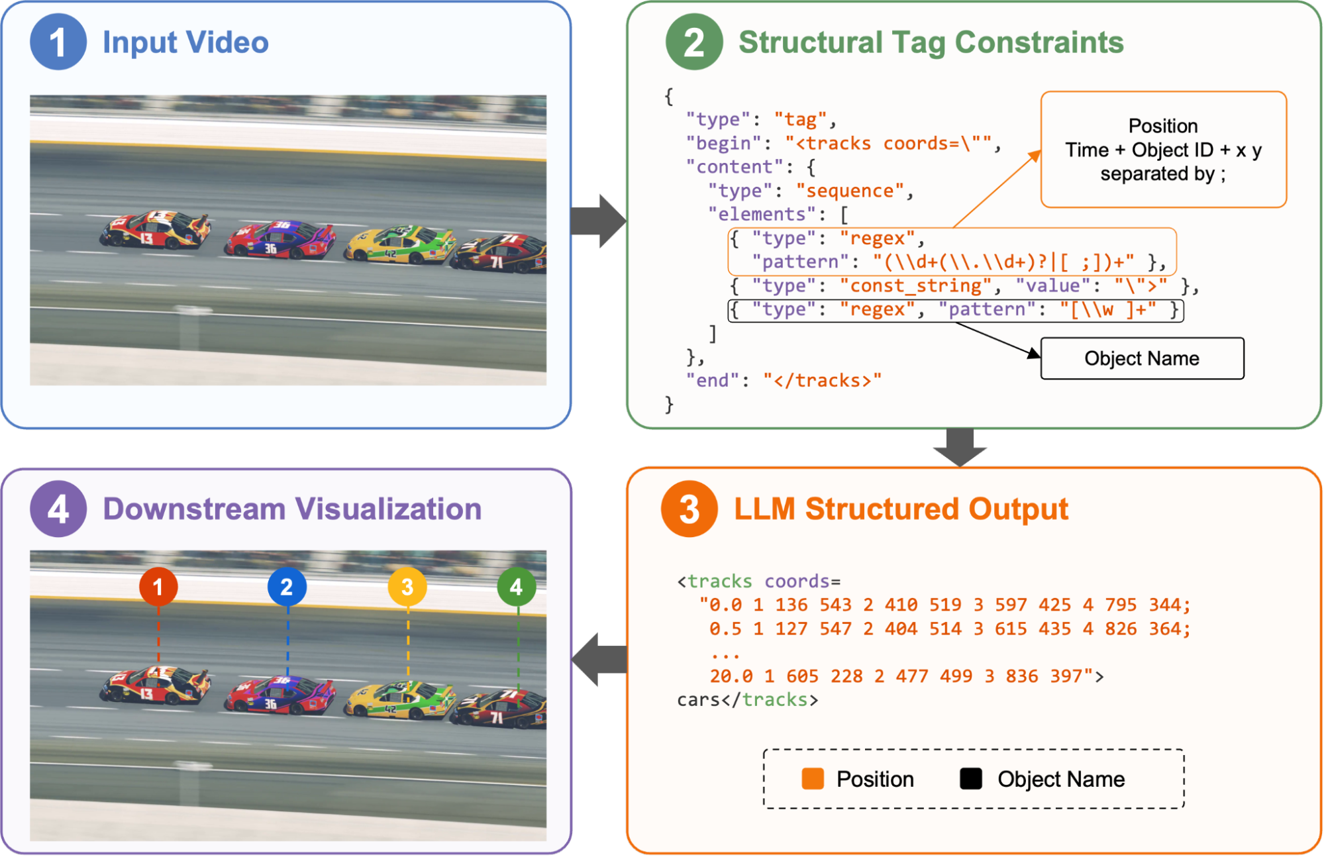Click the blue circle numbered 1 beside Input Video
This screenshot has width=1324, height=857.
58,42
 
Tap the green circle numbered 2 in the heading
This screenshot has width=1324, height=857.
693,42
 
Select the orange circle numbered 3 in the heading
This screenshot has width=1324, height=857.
689,509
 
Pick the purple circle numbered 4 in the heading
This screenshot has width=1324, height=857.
58,509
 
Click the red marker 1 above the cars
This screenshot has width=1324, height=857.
158,586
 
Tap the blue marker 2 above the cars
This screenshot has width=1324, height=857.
287,586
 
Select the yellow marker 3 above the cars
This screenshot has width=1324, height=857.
407,586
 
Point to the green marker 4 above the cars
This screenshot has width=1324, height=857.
517,586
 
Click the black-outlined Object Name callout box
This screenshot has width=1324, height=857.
1142,358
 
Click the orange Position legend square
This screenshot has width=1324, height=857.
813,779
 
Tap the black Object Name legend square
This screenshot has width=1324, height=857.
971,779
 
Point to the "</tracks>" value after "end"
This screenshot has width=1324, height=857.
823,380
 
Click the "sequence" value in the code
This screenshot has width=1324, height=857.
850,191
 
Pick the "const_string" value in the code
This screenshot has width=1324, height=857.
916,285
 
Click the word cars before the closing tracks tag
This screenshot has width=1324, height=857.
698,699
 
